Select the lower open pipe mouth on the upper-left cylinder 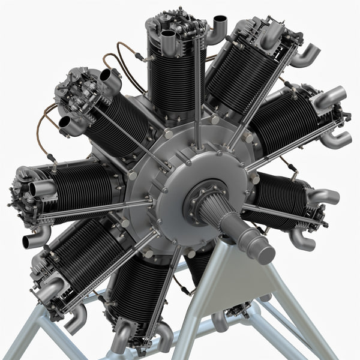click(65, 122)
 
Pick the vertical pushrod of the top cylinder click(197, 84)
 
